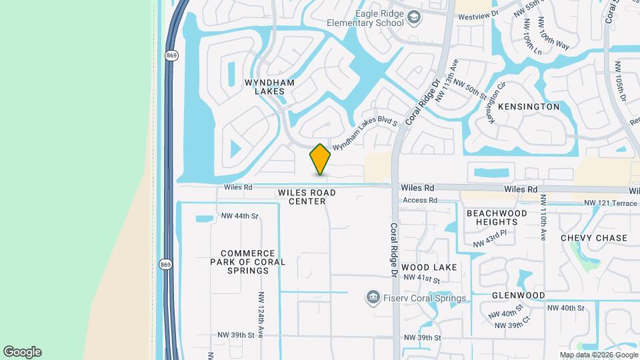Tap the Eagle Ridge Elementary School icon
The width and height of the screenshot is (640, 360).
pyautogui.click(x=414, y=17)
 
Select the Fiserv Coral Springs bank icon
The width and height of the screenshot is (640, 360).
pyautogui.click(x=373, y=297)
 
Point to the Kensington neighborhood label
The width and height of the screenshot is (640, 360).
pyautogui.click(x=528, y=107)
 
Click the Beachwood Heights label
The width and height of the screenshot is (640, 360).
pyautogui.click(x=497, y=217)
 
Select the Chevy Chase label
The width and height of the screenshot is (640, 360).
pyautogui.click(x=594, y=238)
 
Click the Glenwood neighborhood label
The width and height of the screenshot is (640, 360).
pyautogui.click(x=518, y=295)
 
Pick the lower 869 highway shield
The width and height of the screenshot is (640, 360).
pyautogui.click(x=165, y=264)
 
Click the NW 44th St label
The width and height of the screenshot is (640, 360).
pyautogui.click(x=239, y=216)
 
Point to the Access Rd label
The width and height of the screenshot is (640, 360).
pyautogui.click(x=419, y=200)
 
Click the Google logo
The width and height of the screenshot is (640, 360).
pyautogui.click(x=22, y=352)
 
